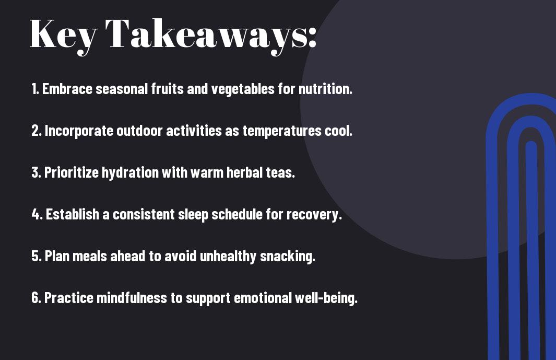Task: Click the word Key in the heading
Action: click(x=63, y=36)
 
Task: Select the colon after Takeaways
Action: click(x=312, y=37)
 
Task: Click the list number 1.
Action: click(x=34, y=89)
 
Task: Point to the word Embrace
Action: click(x=67, y=89)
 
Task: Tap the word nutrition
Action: click(x=326, y=89)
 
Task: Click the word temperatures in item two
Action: click(x=282, y=131)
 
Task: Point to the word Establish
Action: click(x=73, y=214)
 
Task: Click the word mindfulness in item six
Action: click(x=132, y=298)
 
